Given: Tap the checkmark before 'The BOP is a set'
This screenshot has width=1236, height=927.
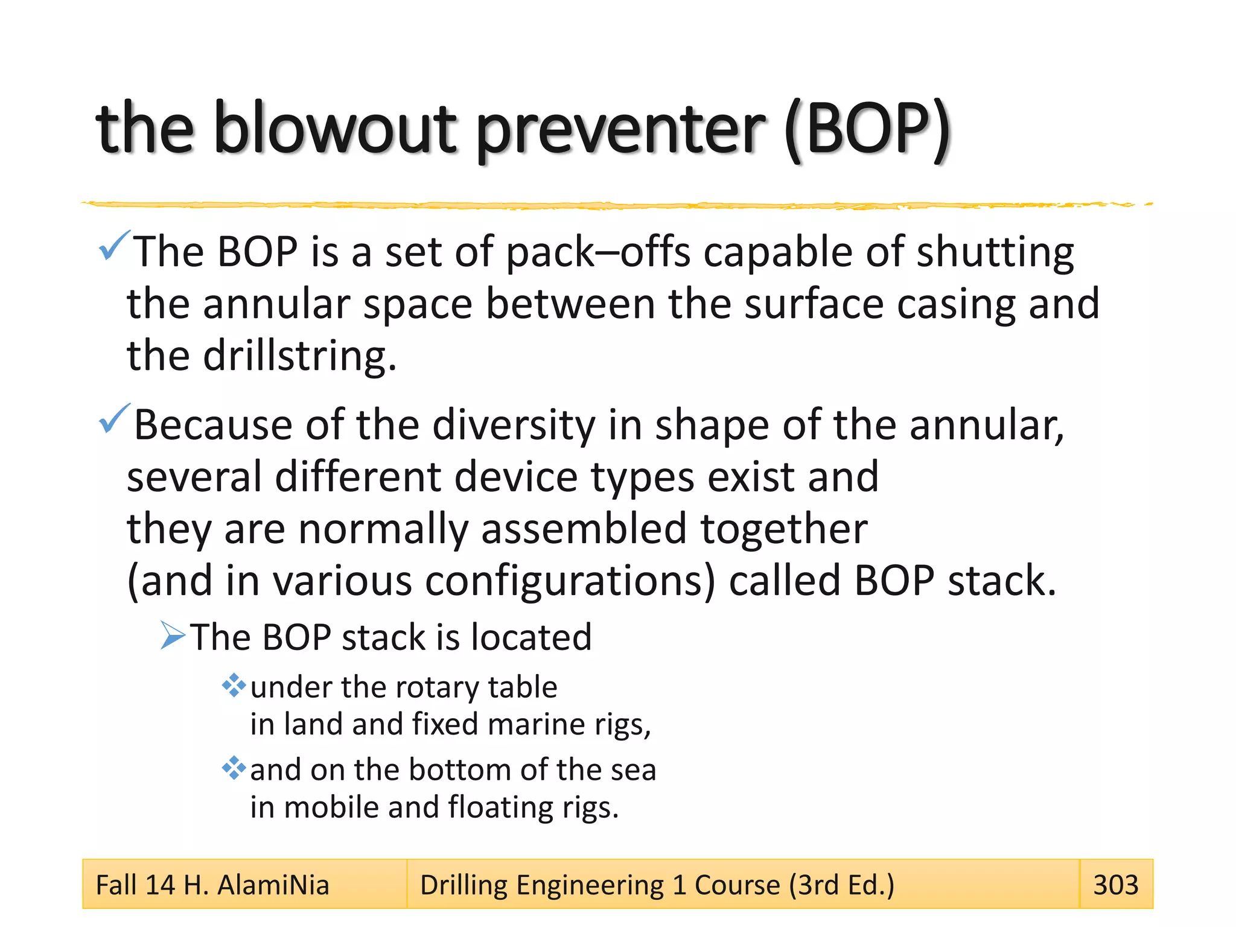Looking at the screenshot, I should [x=113, y=246].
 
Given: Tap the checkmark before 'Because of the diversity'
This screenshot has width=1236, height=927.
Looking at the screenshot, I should [x=113, y=419].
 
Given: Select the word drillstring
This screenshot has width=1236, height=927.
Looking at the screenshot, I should [x=299, y=356].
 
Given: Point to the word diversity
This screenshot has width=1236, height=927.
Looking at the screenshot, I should [x=513, y=425].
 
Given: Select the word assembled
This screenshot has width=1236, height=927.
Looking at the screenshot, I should [x=583, y=529].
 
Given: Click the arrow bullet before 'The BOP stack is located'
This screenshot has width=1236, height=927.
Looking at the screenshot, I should [x=173, y=636].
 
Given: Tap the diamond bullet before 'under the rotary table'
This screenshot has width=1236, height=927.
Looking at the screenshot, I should [x=234, y=686].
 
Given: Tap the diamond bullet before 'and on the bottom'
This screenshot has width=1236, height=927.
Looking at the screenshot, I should [x=234, y=768].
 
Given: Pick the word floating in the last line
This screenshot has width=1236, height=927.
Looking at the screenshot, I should [x=500, y=808].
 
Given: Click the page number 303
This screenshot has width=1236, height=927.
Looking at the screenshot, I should [x=1115, y=885].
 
